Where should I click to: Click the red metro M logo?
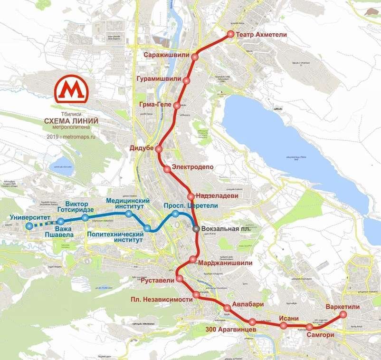(x=72, y=90)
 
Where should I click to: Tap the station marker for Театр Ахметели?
(x=230, y=34)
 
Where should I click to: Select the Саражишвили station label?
(x=165, y=56)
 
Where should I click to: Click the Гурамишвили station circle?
(x=187, y=81)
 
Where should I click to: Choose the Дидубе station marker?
(x=159, y=149)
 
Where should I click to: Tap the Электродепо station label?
(x=192, y=167)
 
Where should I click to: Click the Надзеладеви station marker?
(x=190, y=196)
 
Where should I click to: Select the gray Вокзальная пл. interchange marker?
(x=196, y=229)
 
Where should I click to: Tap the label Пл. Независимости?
(x=162, y=300)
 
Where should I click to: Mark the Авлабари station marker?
(x=227, y=308)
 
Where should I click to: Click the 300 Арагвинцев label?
(x=231, y=330)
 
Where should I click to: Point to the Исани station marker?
(x=284, y=326)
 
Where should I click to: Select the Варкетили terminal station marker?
(x=343, y=315)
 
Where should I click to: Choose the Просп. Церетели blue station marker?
(x=176, y=214)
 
